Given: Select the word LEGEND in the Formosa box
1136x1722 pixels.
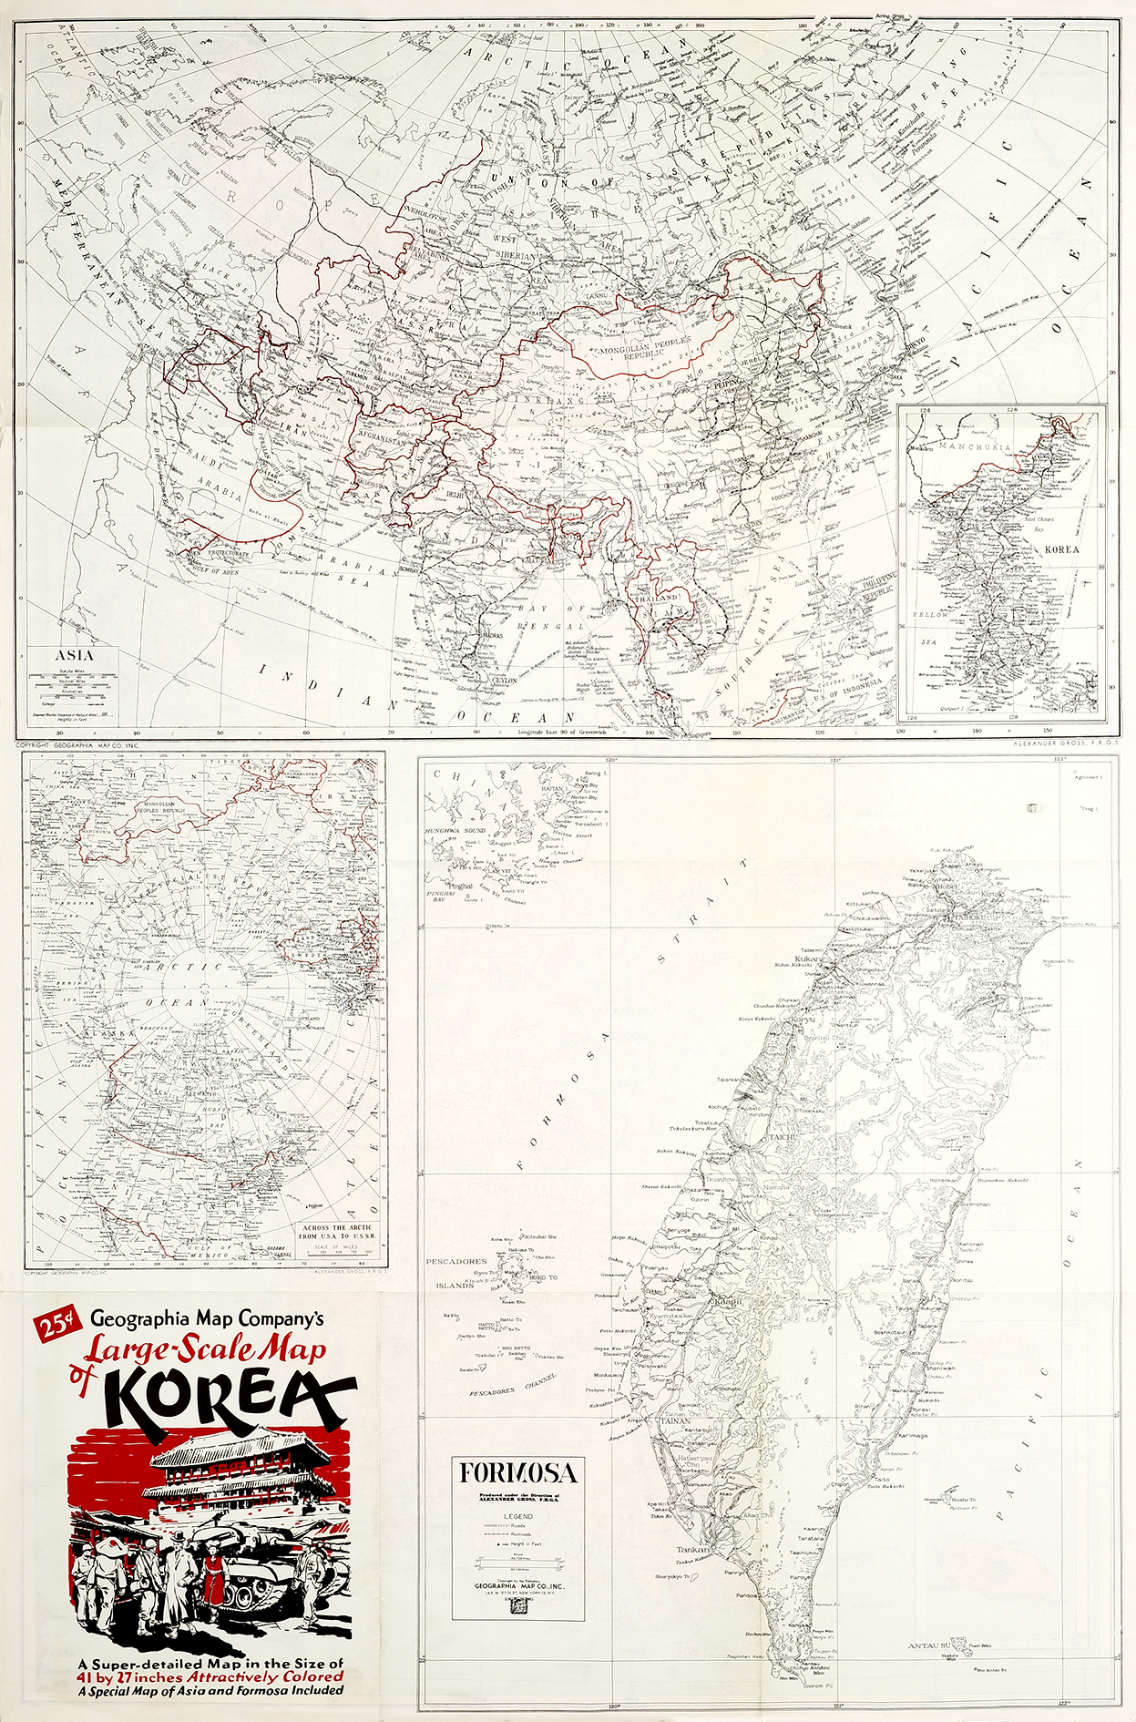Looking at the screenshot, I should tap(518, 1516).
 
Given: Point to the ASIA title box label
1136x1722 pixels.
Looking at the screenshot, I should tap(74, 655).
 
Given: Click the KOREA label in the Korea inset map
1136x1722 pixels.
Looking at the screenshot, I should tap(1061, 549).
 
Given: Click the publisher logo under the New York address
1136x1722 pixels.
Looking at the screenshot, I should tap(519, 1607).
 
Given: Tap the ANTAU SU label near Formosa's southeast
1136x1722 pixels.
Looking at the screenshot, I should tap(928, 1645).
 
